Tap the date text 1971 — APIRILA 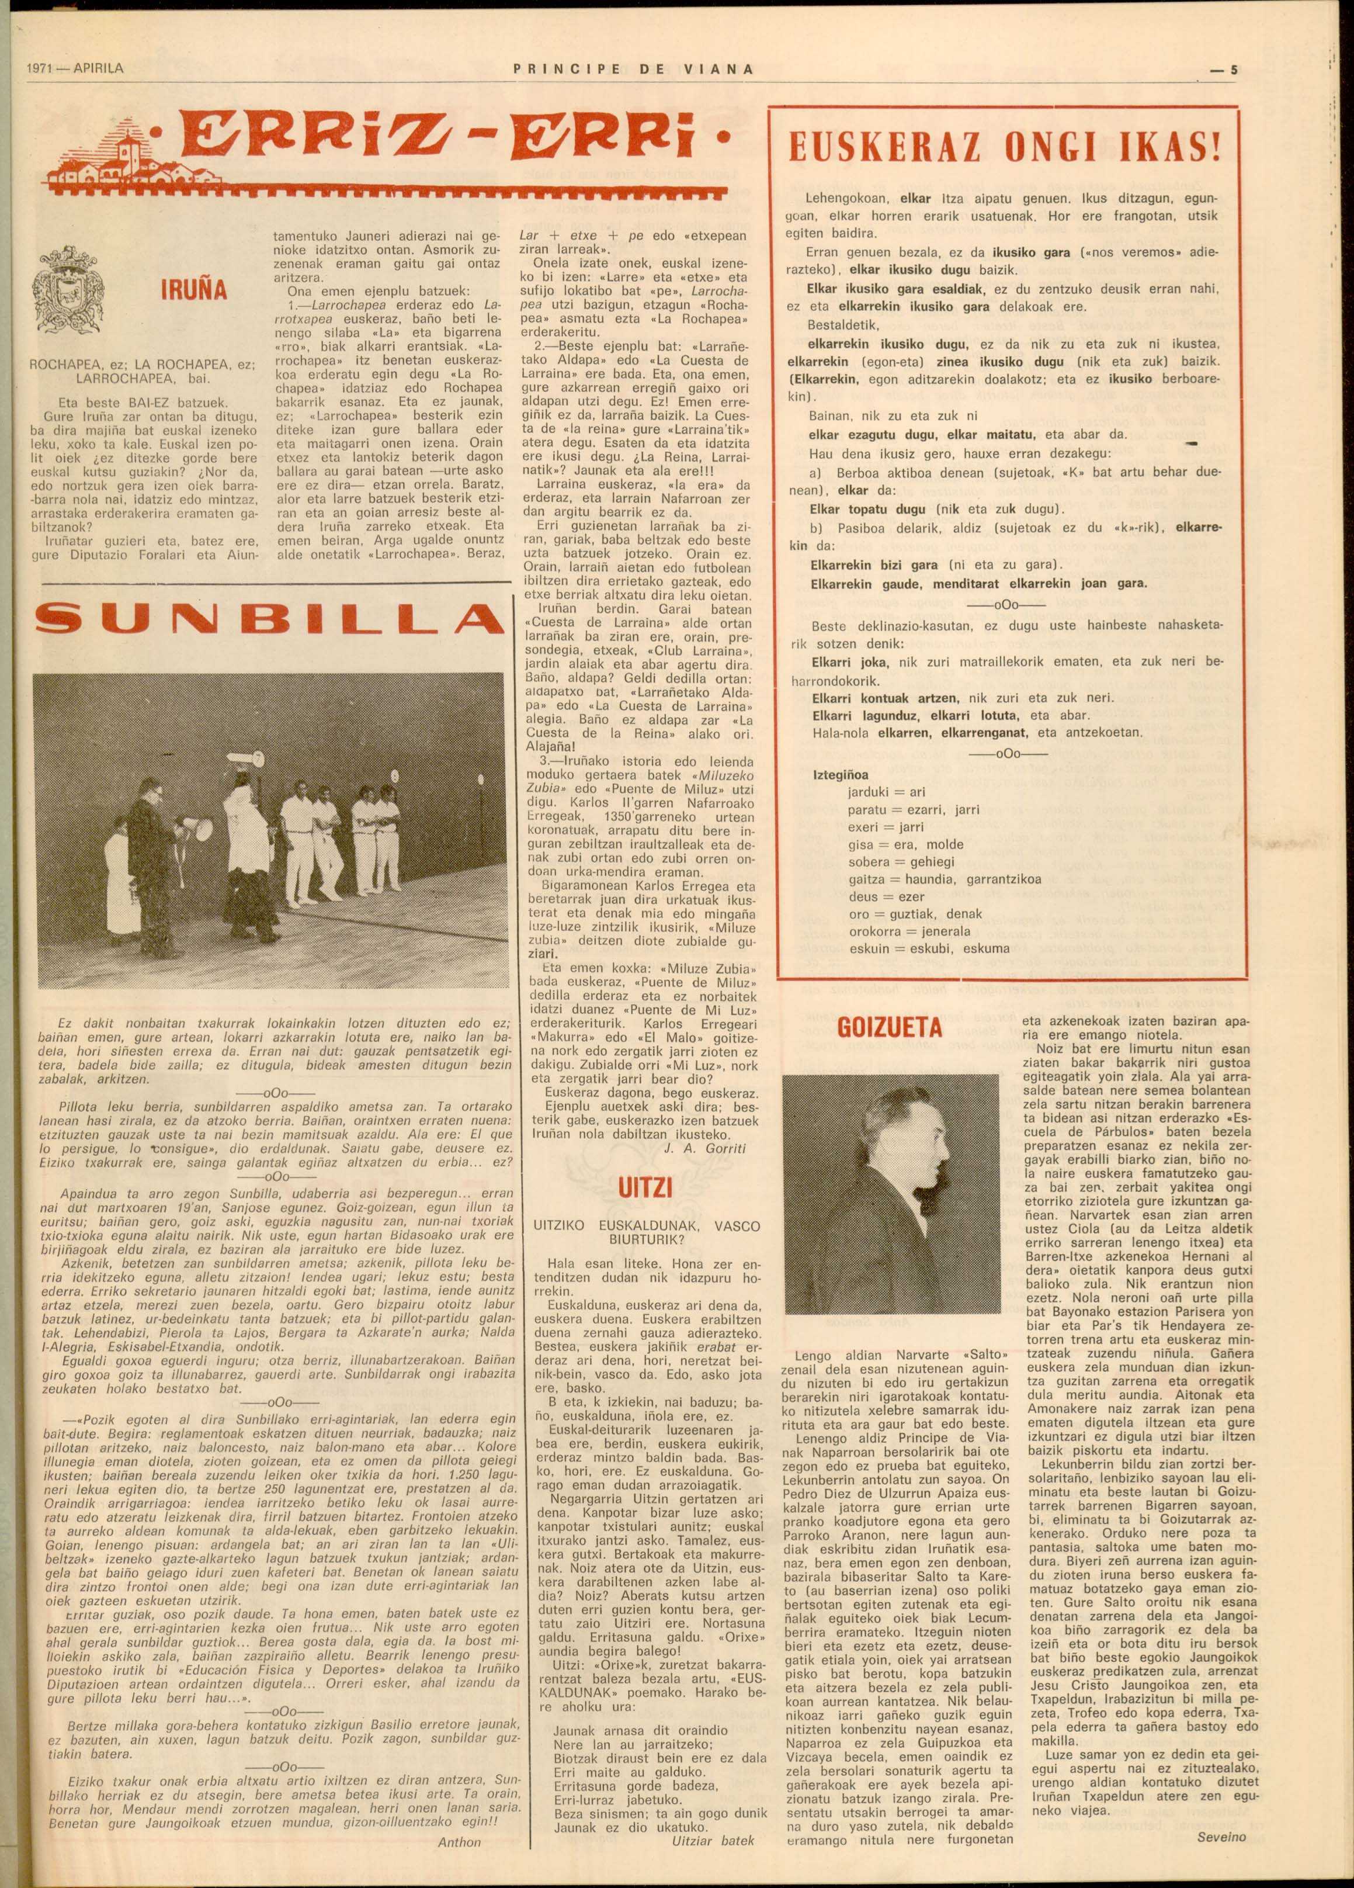pyautogui.click(x=74, y=69)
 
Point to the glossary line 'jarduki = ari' pyautogui.click(x=886, y=792)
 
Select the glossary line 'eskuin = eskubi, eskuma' pyautogui.click(x=929, y=948)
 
